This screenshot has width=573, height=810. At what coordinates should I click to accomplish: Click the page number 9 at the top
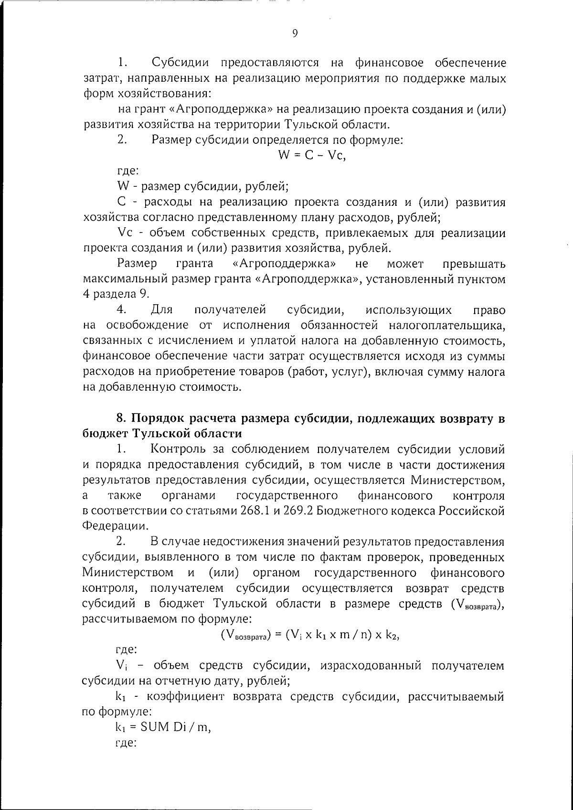point(295,33)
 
